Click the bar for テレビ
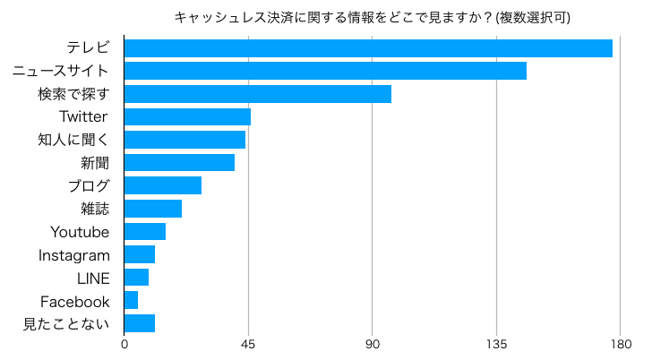368,48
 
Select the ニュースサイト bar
325,71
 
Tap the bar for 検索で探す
257,94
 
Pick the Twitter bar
187,116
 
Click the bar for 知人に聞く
184,140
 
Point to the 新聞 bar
179,162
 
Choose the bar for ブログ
162,185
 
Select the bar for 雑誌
152,209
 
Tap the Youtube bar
144,232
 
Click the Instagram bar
139,254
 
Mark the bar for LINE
136,278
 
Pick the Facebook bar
131,300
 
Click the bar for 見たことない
139,323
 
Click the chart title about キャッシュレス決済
372,17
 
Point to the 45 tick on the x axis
249,344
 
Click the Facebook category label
74,301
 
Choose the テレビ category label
88,48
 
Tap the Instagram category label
73,255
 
